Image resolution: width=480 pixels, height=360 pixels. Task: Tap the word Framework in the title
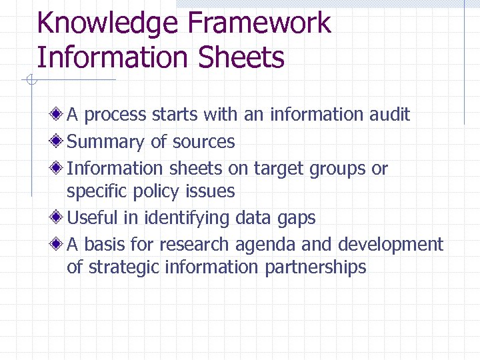tap(259, 24)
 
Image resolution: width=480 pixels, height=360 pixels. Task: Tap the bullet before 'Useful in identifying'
tap(59, 217)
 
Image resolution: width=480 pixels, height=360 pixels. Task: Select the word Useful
tap(94, 217)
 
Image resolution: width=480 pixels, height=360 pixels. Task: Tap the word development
tap(390, 245)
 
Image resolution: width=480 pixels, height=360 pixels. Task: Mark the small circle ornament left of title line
tap(30, 81)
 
